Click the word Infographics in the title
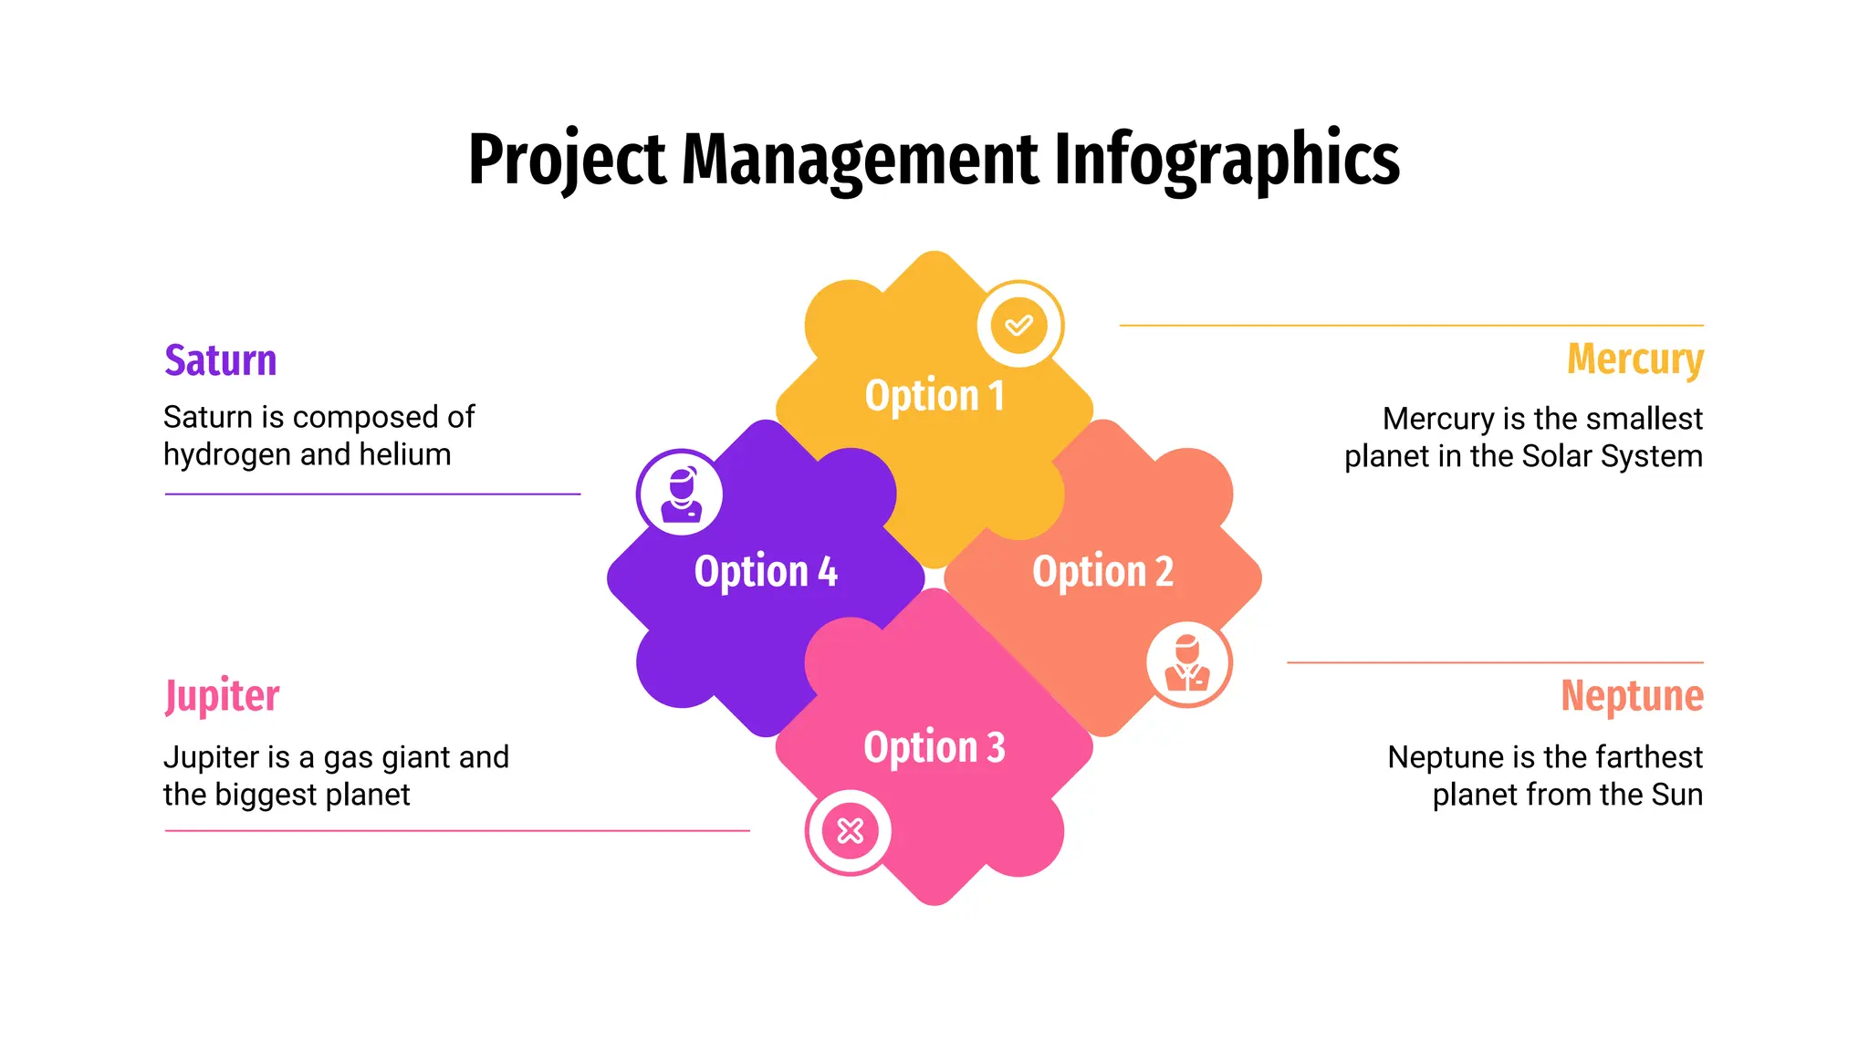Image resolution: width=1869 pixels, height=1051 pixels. [x=1227, y=160]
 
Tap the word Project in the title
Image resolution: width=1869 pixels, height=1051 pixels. [x=567, y=160]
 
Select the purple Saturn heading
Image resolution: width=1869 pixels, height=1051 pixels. [x=220, y=360]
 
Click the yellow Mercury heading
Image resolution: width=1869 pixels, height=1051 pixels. [x=1634, y=359]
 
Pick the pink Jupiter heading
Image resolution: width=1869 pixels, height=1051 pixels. [x=222, y=697]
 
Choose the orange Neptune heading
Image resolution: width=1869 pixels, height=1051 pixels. [x=1632, y=696]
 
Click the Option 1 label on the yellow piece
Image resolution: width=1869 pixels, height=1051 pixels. [x=934, y=396]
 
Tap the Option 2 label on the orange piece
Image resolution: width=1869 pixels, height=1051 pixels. [x=1102, y=572]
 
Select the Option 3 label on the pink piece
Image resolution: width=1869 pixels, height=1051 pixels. [x=934, y=747]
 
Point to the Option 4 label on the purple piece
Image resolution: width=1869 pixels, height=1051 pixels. [x=766, y=572]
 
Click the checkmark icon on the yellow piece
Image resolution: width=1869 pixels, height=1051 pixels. [x=1019, y=325]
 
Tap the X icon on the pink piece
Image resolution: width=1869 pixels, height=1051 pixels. [x=850, y=831]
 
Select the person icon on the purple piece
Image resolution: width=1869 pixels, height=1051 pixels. [x=680, y=494]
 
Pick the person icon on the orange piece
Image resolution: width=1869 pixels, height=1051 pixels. [x=1187, y=663]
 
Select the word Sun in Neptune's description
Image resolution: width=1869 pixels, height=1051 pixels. [x=1676, y=795]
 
